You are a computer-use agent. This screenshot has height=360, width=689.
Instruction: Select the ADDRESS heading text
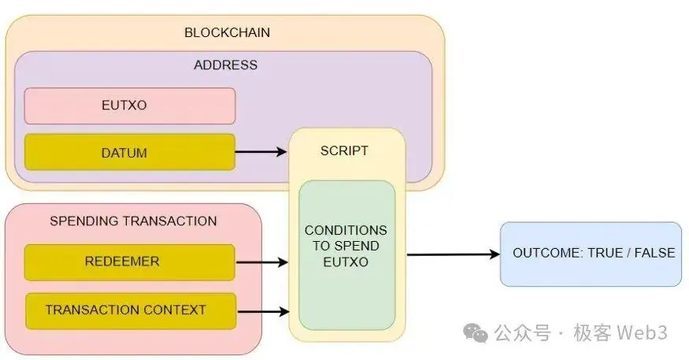[x=225, y=65]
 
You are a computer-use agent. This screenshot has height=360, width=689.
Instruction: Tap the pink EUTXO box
[x=130, y=106]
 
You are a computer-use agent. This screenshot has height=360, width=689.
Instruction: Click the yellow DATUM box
[x=130, y=152]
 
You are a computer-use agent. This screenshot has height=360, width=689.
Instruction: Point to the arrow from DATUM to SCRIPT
[x=261, y=152]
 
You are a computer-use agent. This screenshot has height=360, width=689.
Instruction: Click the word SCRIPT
[x=344, y=150]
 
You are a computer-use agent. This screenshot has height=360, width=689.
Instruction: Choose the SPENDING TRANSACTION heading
[x=133, y=221]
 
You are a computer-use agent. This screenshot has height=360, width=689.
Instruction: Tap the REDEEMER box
[x=130, y=262]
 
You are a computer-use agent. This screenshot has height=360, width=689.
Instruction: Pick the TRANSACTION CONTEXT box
[x=130, y=310]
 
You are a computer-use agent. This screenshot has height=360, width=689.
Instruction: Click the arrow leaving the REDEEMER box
[x=261, y=262]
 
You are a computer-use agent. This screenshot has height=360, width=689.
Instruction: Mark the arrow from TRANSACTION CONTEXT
[x=261, y=311]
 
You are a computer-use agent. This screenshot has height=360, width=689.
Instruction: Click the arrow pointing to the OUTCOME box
[x=453, y=254]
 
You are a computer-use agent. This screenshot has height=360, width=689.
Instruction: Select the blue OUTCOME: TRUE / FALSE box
[x=591, y=254]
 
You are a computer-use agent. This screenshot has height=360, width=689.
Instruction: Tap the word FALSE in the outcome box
[x=654, y=254]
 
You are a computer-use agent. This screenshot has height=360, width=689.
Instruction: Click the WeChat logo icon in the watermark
[x=475, y=333]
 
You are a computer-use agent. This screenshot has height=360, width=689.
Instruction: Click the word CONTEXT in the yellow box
[x=184, y=310]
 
